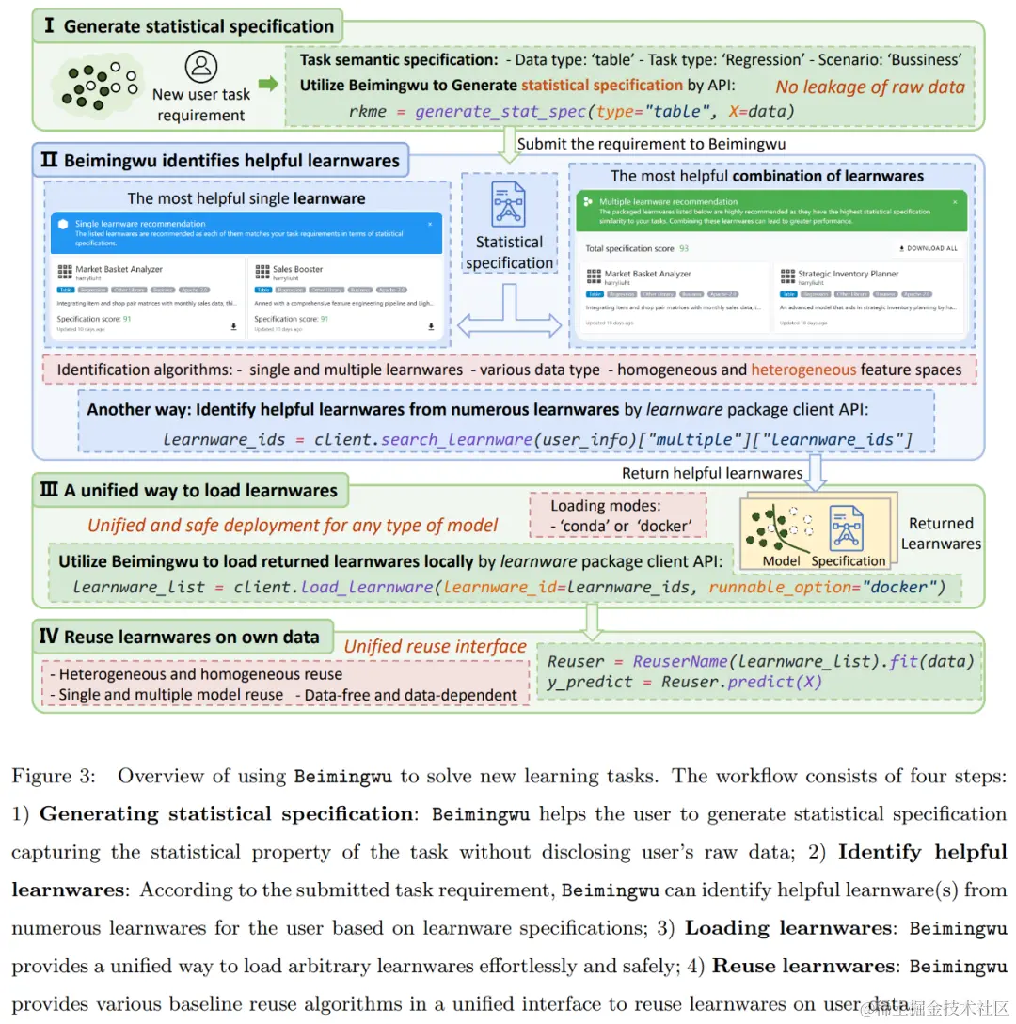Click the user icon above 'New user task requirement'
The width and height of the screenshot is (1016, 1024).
coord(200,68)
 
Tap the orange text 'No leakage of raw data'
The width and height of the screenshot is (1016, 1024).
coord(870,87)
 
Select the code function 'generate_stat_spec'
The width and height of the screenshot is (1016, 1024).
coord(501,111)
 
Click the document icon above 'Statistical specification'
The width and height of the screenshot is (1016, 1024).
coord(509,203)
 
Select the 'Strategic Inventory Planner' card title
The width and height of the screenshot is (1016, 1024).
coord(848,274)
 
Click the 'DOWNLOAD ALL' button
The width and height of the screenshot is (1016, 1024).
coord(929,248)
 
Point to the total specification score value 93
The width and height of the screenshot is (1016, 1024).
coord(684,248)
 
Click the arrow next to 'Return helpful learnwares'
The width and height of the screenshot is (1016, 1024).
coord(816,472)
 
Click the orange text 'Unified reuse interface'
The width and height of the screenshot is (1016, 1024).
coord(435,646)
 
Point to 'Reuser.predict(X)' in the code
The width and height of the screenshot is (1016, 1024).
coord(741,682)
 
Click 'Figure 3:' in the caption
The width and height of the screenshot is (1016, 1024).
coord(55,777)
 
